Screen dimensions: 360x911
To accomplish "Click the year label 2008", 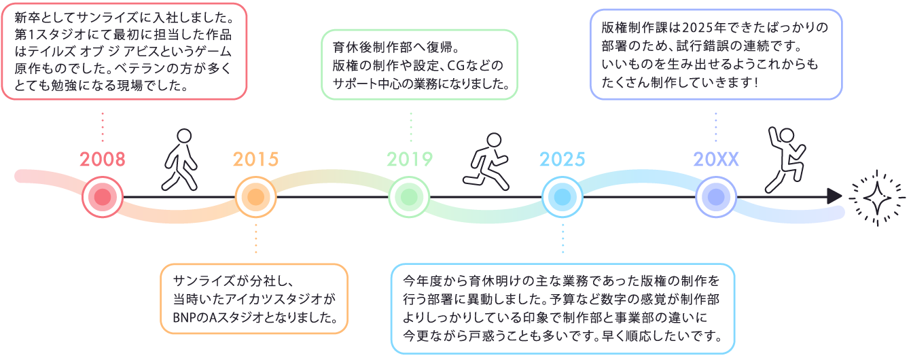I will point(103,160).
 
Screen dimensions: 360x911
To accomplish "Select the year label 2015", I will point(256,160).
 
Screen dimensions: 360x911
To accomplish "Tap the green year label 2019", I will point(410,160).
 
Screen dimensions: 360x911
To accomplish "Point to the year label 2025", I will point(562,160).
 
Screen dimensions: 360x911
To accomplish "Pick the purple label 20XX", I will point(716,160).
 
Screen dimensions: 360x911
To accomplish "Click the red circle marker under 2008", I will point(103,198).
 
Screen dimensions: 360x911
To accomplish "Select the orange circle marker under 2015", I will point(256,198).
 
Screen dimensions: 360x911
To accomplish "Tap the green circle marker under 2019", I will point(410,198).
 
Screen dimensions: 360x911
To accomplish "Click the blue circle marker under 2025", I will point(562,198).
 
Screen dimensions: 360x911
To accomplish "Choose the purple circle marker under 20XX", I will point(716,198).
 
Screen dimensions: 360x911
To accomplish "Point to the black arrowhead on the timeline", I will point(835,197).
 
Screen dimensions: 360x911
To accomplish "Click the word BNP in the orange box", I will point(184,317).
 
